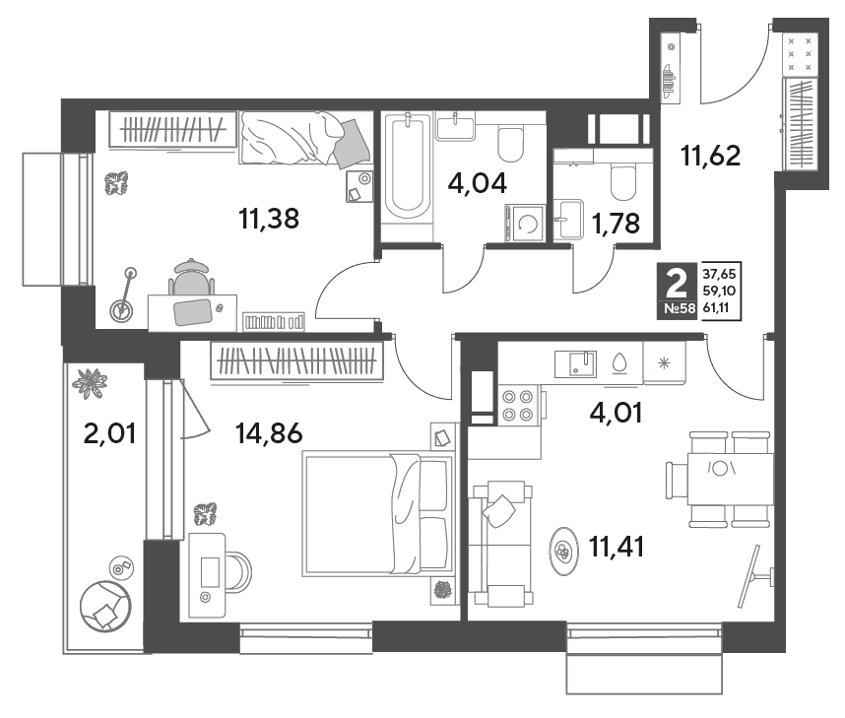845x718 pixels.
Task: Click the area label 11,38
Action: coord(269,219)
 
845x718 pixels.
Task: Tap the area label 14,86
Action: coord(270,432)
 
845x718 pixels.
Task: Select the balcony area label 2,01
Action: coord(109,432)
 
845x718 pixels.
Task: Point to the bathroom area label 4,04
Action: coord(478,183)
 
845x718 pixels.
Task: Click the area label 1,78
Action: coord(616,223)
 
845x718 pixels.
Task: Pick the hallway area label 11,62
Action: coord(711,156)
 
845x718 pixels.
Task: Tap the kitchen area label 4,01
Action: coord(616,413)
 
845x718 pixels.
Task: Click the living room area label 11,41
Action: coord(617,548)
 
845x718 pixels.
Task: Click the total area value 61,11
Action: coord(720,308)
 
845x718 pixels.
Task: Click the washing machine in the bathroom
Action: coord(525,224)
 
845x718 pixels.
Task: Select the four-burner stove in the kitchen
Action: coord(518,406)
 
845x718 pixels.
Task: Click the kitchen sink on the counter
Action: coord(575,363)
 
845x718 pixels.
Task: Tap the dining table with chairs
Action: coord(722,479)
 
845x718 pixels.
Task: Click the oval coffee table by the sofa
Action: coord(563,551)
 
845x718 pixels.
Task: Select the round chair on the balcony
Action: coord(105,606)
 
